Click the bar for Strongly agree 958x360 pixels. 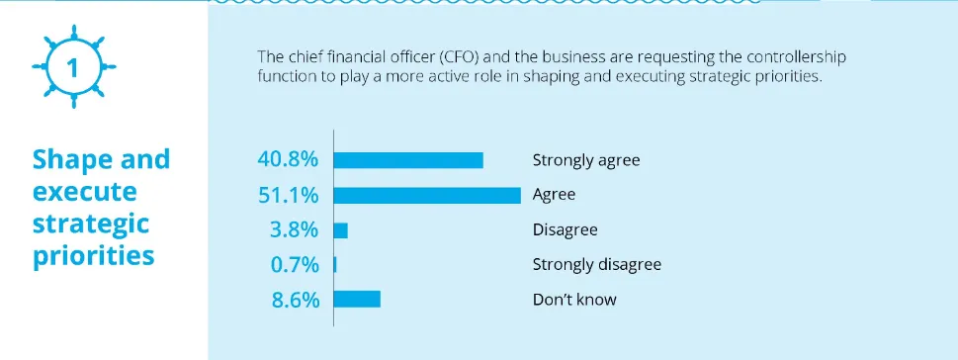[x=409, y=160]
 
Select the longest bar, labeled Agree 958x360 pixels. [x=428, y=195]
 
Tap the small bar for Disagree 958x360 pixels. [x=341, y=230]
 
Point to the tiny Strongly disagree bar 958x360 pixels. [x=336, y=265]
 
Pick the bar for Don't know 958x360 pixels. [x=357, y=299]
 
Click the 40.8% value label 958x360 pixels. [x=287, y=160]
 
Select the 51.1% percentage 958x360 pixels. [x=288, y=195]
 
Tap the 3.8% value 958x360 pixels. [x=294, y=230]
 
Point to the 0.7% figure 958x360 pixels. [x=294, y=265]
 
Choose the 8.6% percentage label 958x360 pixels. [x=294, y=299]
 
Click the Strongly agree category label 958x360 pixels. [x=579, y=160]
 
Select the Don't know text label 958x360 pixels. [x=573, y=299]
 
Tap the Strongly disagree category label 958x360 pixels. [x=596, y=265]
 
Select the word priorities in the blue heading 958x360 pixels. [x=94, y=255]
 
